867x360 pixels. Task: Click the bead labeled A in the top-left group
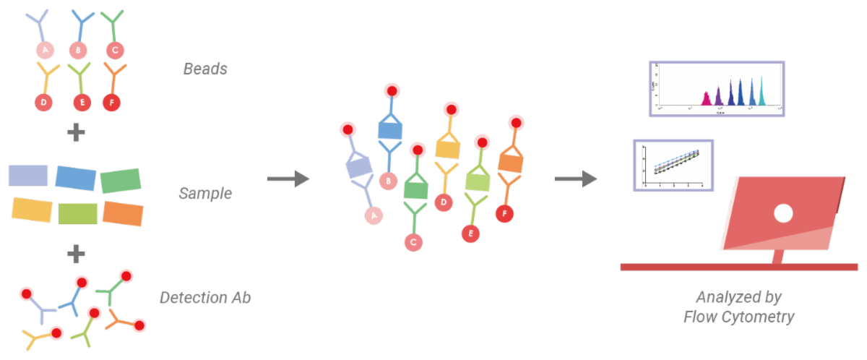(x=46, y=50)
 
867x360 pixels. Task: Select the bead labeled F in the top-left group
(x=112, y=102)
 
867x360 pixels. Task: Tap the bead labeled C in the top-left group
(x=112, y=50)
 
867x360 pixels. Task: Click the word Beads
(x=205, y=69)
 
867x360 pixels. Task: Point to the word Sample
(x=205, y=193)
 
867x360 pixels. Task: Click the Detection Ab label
(x=205, y=297)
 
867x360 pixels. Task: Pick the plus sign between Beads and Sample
(x=76, y=134)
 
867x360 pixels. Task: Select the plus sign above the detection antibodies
(x=76, y=254)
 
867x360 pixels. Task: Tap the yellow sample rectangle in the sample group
(x=33, y=210)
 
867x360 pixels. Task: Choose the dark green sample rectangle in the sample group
(x=121, y=181)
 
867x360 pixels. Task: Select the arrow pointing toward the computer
(x=576, y=179)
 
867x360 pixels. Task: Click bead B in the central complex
(x=389, y=180)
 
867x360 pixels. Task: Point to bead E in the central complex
(x=471, y=233)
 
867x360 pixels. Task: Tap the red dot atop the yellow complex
(x=452, y=109)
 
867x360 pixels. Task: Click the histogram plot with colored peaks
(x=716, y=89)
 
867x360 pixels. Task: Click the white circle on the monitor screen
(x=783, y=213)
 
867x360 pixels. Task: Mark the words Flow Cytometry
(x=739, y=317)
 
